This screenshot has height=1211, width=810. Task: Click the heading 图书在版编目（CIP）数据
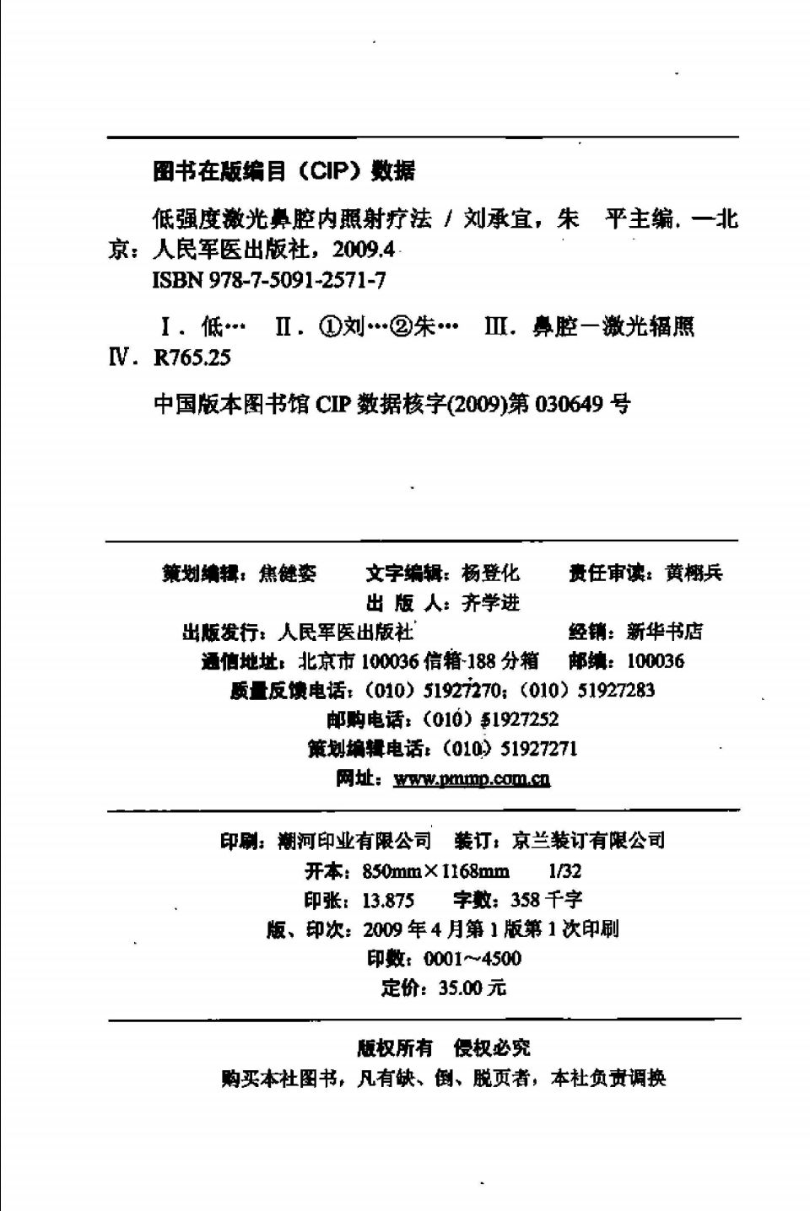pos(284,171)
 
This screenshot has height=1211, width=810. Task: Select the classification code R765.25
pos(192,358)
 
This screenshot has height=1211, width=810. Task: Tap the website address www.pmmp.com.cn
pos(472,778)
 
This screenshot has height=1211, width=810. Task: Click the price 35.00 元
pos(472,988)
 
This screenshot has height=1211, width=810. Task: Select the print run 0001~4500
pos(472,958)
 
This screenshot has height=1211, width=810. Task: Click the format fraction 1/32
pos(564,870)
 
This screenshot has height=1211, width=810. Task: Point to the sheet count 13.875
pos(388,900)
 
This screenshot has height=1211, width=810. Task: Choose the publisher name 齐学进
pos(491,603)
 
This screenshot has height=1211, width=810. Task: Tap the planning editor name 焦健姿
pos(287,573)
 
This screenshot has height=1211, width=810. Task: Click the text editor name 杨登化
pos(490,573)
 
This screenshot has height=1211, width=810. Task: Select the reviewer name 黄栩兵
pos(694,573)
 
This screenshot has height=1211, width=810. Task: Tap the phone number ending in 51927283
pos(616,690)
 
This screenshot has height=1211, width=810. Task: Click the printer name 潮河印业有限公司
pos(354,841)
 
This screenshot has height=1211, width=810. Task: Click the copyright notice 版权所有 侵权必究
pos(444,1047)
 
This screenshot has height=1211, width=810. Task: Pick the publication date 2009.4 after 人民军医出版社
pos(364,250)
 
